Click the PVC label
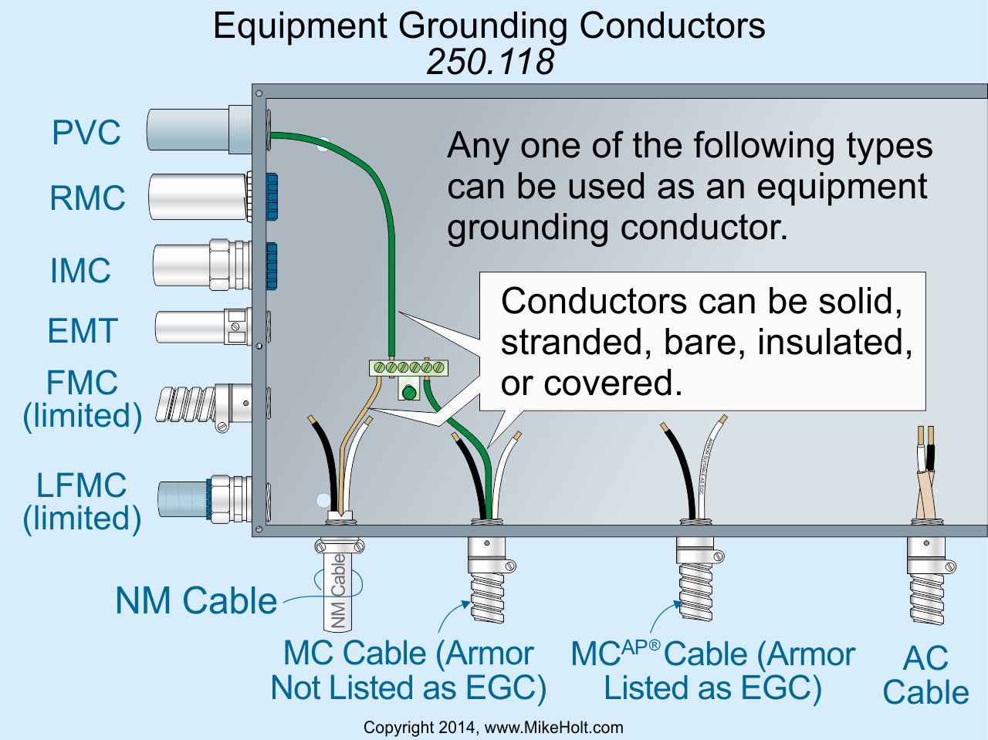pyautogui.click(x=86, y=132)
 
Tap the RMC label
pyautogui.click(x=87, y=198)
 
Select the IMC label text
pyautogui.click(x=80, y=270)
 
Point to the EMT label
pyautogui.click(x=83, y=330)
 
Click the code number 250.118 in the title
pyautogui.click(x=490, y=62)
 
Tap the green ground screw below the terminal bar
pyautogui.click(x=408, y=394)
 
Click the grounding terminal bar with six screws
pyautogui.click(x=408, y=367)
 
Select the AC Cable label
pyautogui.click(x=926, y=674)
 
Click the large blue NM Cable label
pyautogui.click(x=196, y=600)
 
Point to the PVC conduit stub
pyautogui.click(x=199, y=130)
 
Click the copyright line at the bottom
pyautogui.click(x=493, y=728)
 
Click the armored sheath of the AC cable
pyautogui.click(x=926, y=598)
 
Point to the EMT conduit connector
pyautogui.click(x=238, y=326)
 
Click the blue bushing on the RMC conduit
pyautogui.click(x=272, y=197)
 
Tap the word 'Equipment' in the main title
pyautogui.click(x=300, y=25)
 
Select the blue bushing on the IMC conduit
pyautogui.click(x=271, y=266)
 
